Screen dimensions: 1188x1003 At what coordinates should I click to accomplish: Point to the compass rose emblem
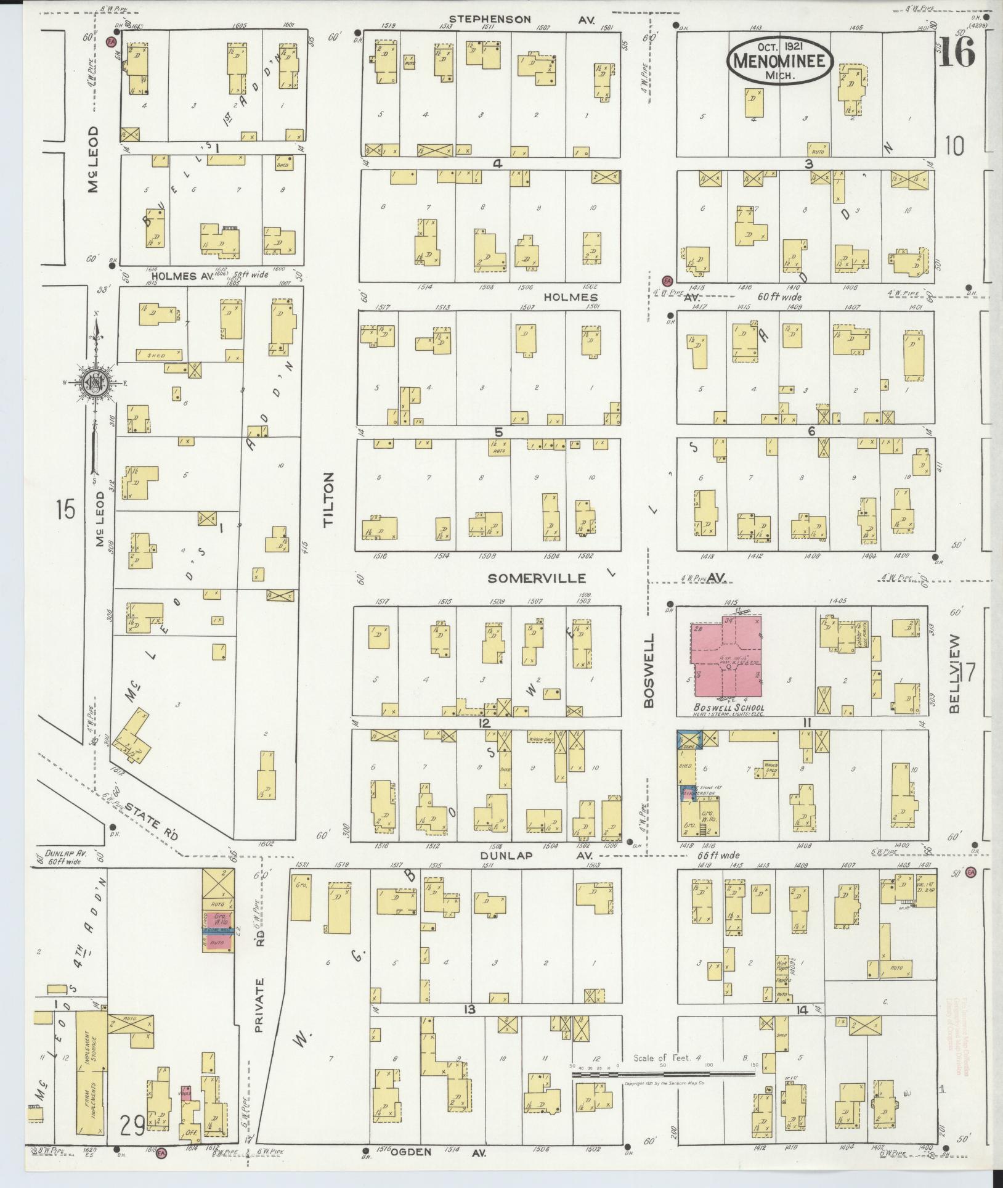click(96, 383)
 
